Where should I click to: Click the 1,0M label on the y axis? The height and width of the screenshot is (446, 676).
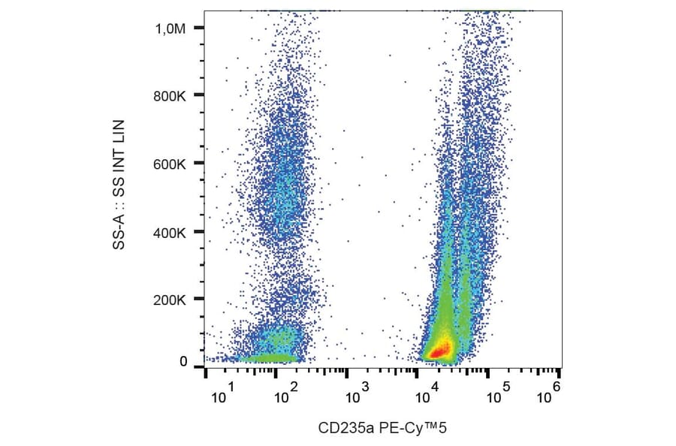(171, 29)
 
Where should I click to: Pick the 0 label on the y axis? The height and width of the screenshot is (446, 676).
(183, 362)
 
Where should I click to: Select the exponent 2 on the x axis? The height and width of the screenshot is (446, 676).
(294, 386)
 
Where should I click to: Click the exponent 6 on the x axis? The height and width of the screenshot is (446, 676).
(557, 385)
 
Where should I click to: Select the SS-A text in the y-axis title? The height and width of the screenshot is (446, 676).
(119, 233)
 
